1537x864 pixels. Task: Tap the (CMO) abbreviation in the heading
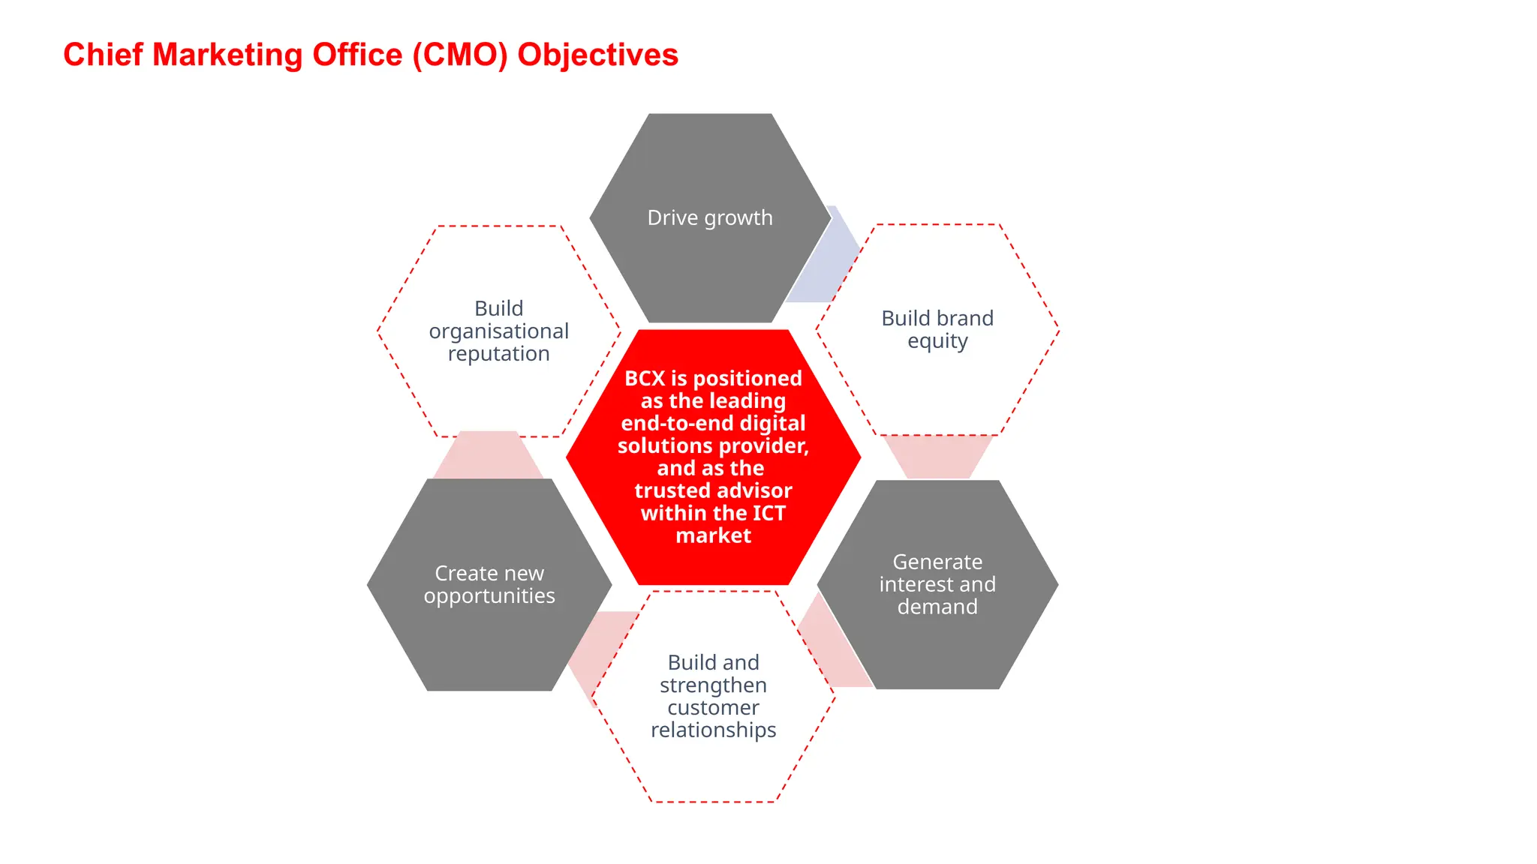click(x=460, y=55)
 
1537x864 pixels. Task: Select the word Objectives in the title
click(x=597, y=55)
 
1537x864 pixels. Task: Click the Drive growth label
click(x=710, y=217)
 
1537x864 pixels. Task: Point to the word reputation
click(x=499, y=354)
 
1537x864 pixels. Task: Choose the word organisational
click(x=499, y=331)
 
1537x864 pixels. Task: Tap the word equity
click(x=937, y=341)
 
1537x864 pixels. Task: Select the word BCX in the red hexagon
click(x=645, y=379)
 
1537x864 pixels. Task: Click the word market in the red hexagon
click(x=713, y=535)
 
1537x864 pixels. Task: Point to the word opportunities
click(x=489, y=595)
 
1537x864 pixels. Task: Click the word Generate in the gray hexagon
click(x=937, y=562)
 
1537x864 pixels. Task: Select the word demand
click(x=937, y=607)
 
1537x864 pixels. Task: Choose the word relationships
click(x=713, y=730)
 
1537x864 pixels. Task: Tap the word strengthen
click(x=713, y=685)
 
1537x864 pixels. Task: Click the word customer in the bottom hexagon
click(x=713, y=707)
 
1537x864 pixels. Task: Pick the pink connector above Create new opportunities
click(x=488, y=455)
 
